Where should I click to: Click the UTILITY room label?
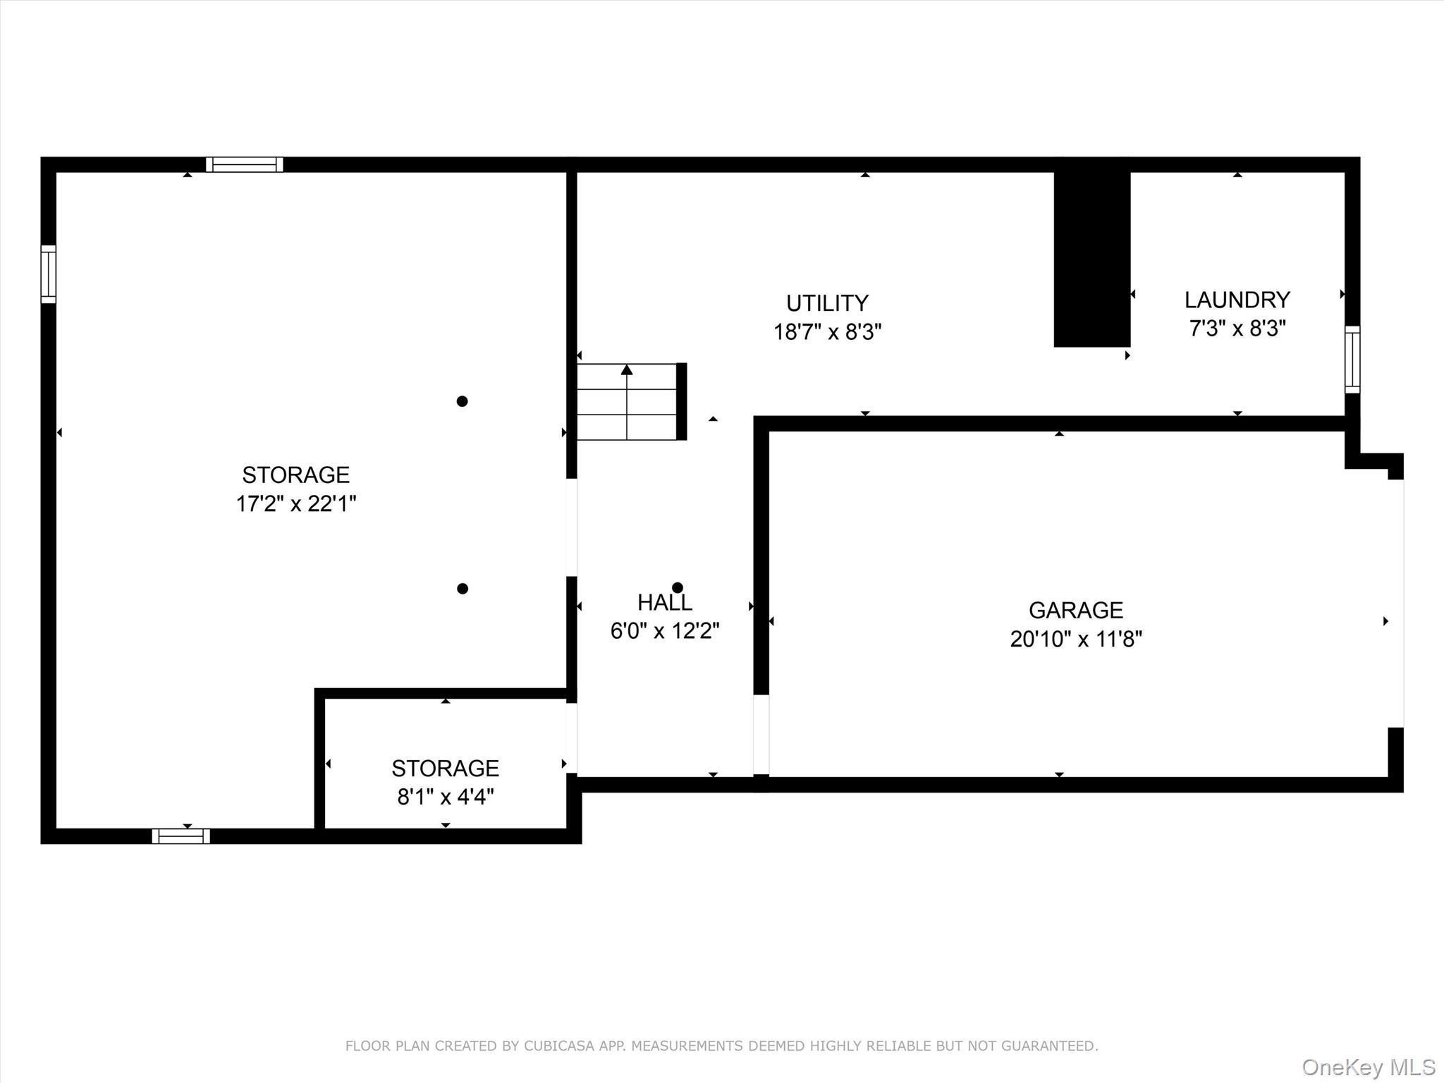[827, 303]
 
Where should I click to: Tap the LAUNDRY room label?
[1237, 300]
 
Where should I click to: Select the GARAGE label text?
[1075, 610]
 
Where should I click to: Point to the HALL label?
[664, 602]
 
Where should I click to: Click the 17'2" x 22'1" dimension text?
[296, 504]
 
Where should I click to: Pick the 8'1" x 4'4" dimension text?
[445, 797]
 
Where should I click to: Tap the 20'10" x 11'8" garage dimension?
[1075, 639]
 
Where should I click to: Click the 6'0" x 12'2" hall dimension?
[664, 630]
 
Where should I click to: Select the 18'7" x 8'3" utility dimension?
[827, 331]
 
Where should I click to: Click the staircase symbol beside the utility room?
[627, 401]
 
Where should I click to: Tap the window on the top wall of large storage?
[245, 165]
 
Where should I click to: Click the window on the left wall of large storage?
[48, 274]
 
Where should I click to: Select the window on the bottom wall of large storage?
[180, 836]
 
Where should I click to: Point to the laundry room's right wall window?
[1352, 360]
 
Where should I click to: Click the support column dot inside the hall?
[678, 587]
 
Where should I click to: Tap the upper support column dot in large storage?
[462, 401]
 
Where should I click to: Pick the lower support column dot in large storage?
[462, 589]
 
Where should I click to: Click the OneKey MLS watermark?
[1369, 1067]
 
